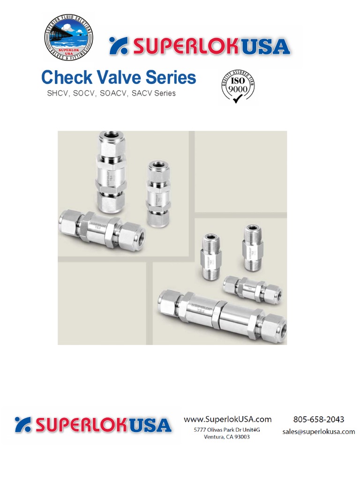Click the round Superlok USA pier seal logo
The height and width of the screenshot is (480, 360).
(68, 37)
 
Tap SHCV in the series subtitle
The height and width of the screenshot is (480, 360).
(57, 93)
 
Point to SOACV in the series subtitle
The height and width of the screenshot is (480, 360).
(115, 93)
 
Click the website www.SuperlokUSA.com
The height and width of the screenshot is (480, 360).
(227, 419)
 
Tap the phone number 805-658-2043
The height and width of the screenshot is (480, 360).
(319, 419)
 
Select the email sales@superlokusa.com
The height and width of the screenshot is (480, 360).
(319, 432)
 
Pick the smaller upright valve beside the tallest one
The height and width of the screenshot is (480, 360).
(157, 193)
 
